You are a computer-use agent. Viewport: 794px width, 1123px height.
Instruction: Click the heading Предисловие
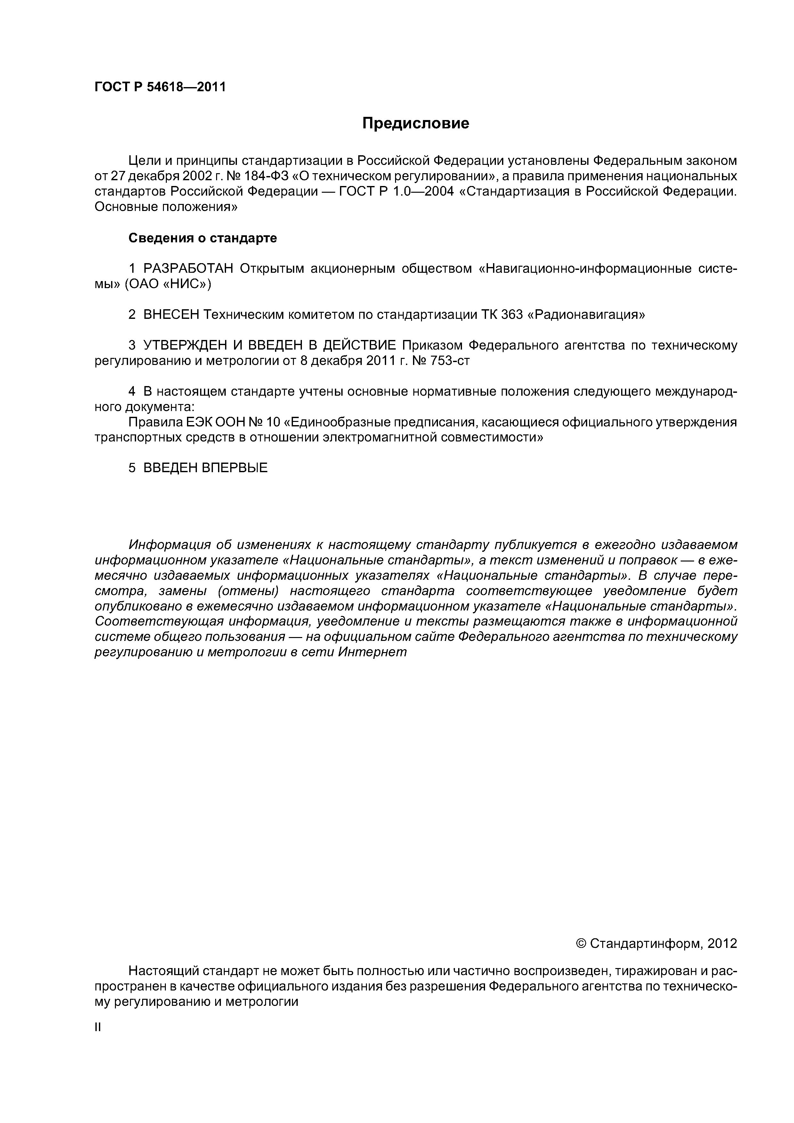tap(415, 123)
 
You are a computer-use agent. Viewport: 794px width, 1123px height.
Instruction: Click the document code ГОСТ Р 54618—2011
tap(160, 87)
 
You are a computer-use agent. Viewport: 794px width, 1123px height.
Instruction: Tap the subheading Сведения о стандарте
tap(203, 238)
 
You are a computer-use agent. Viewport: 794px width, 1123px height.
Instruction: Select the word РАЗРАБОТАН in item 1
tap(188, 269)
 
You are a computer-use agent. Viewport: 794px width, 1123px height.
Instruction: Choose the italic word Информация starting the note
tap(169, 545)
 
